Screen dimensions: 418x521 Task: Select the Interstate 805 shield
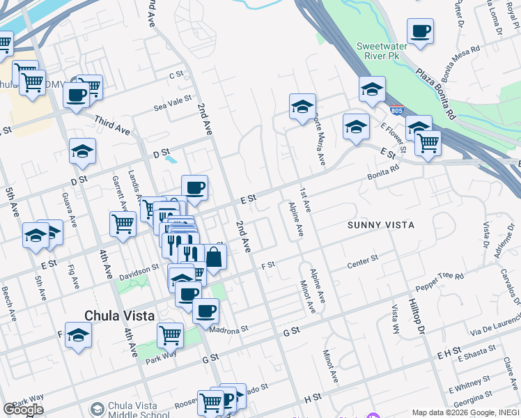point(396,110)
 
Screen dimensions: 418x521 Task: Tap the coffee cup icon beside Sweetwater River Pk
point(420,32)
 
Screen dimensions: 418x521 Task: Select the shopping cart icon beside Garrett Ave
point(123,224)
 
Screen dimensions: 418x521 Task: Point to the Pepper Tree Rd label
point(439,282)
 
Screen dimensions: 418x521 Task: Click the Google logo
point(23,410)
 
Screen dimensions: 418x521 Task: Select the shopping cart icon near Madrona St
point(170,335)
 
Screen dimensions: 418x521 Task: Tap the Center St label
point(362,262)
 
